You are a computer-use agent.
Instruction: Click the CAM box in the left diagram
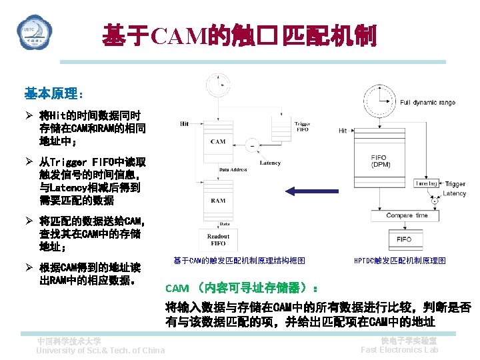(218, 141)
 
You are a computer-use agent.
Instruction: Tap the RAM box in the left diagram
(218, 200)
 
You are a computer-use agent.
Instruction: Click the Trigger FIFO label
(302, 127)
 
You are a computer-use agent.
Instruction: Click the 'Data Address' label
(233, 170)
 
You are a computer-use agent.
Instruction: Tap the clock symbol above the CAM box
(218, 85)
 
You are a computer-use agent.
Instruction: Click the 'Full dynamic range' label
(427, 102)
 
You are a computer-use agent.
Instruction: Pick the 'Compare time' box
(407, 215)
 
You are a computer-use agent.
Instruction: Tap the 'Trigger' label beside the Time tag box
(455, 184)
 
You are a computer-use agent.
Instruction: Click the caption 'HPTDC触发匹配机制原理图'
(399, 261)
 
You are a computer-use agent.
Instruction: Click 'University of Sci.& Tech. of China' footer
(100, 351)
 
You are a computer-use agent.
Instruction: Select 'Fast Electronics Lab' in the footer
(399, 350)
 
